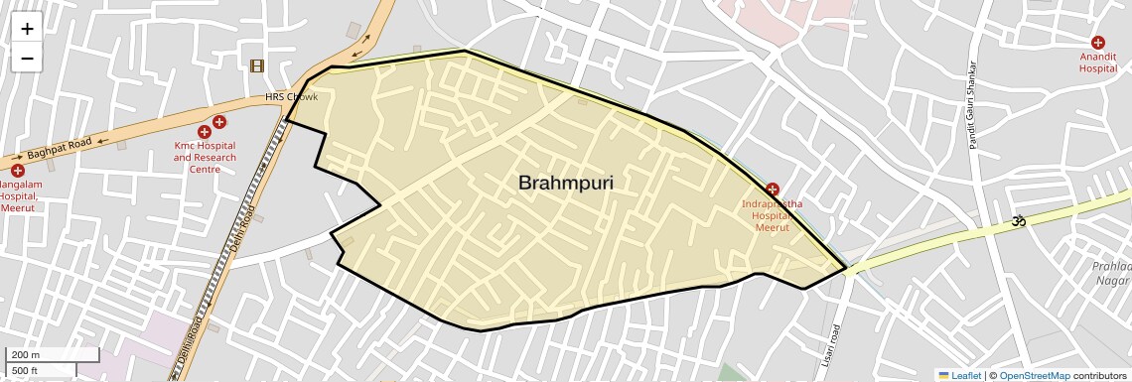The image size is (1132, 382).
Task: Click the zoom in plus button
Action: pos(27,29)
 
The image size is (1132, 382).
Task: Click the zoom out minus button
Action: pos(27,59)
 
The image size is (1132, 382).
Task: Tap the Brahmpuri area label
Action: pos(566,183)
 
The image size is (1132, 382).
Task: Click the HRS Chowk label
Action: pos(291,97)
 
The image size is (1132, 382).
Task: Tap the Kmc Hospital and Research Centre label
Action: pos(205,157)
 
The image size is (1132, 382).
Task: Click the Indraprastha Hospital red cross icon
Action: pos(773,189)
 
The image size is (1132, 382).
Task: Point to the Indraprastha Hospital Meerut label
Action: pos(772,215)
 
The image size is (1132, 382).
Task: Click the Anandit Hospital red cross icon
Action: pos(1098,43)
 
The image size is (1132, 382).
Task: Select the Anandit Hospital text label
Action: pos(1098,63)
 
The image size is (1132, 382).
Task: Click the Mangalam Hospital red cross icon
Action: pos(17,171)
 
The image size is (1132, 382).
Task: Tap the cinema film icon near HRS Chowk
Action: pos(258,65)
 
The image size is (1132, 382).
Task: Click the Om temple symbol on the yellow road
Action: pos(1016,222)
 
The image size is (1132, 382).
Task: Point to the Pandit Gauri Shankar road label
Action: pos(972,105)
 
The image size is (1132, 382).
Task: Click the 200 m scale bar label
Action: pos(26,355)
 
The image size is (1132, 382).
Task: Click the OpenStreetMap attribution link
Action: pos(1034,375)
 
